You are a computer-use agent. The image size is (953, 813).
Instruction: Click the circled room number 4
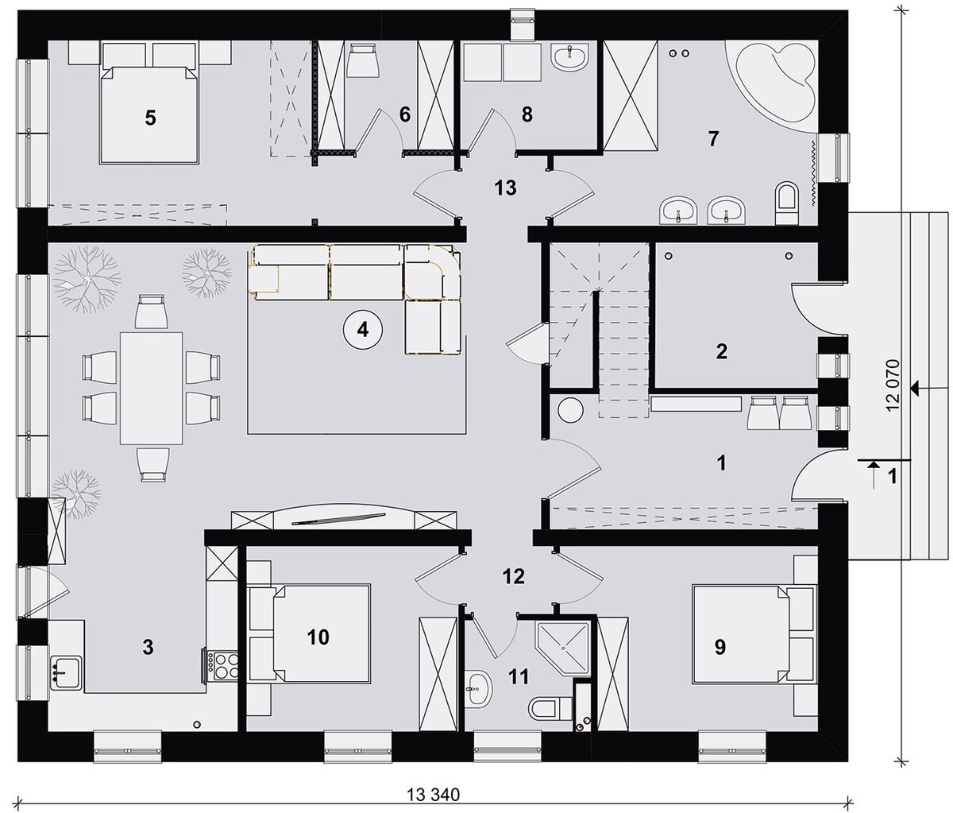point(362,330)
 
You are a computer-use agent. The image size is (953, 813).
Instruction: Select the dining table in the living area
point(151,388)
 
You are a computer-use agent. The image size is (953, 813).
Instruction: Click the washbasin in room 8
point(571,56)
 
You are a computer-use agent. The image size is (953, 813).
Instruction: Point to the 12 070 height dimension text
point(893,385)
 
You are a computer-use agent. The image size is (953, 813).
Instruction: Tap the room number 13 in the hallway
point(505,188)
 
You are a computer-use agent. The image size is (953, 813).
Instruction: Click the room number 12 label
point(514,576)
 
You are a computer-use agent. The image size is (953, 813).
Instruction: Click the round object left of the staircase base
point(570,408)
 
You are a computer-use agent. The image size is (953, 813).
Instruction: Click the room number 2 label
point(722,351)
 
